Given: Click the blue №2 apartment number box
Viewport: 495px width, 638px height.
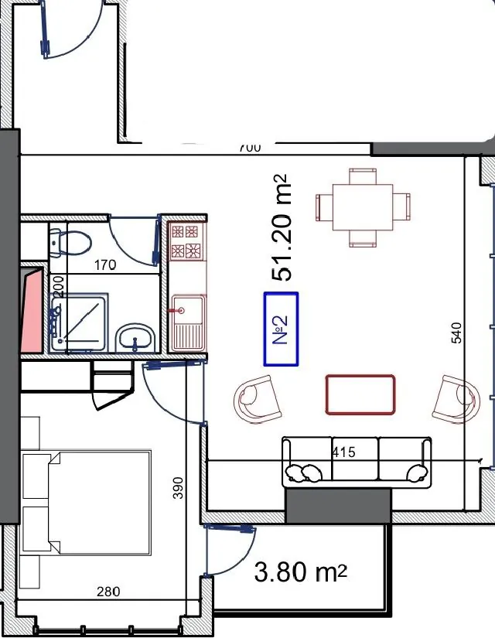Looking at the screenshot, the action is (x=281, y=329).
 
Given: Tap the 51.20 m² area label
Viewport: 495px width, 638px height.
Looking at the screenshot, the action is (x=282, y=227).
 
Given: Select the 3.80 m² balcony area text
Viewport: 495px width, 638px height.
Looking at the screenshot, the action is (x=300, y=571).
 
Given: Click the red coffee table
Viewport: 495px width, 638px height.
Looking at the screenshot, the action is (x=360, y=394).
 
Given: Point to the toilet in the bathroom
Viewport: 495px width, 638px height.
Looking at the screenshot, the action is (x=70, y=243).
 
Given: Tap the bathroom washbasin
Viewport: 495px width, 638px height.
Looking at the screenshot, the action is (x=136, y=338).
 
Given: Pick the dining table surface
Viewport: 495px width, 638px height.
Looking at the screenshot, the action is (x=363, y=207).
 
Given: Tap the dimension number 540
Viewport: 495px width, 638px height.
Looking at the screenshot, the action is (x=457, y=333).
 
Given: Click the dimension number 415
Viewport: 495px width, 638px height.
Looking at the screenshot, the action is (x=344, y=452).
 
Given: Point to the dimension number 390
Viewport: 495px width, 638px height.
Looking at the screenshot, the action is (x=178, y=488).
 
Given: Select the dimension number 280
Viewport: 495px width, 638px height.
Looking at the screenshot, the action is (x=108, y=591).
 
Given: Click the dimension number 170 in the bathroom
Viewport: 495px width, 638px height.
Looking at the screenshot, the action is (x=105, y=265).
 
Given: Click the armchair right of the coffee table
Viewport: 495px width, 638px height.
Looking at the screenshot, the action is (x=456, y=399).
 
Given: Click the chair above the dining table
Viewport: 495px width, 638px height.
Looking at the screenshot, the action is (x=363, y=176).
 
